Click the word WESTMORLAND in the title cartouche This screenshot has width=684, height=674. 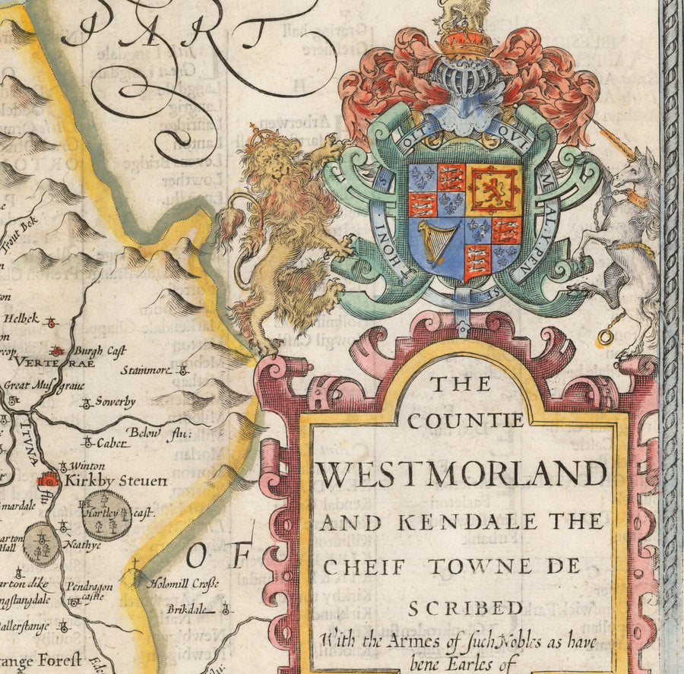[x=461, y=474]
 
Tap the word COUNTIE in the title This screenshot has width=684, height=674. [x=466, y=420]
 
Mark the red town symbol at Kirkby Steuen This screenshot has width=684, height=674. [x=48, y=479]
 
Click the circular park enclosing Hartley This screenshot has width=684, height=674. [x=106, y=514]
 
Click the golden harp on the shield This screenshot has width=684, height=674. [x=438, y=240]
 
